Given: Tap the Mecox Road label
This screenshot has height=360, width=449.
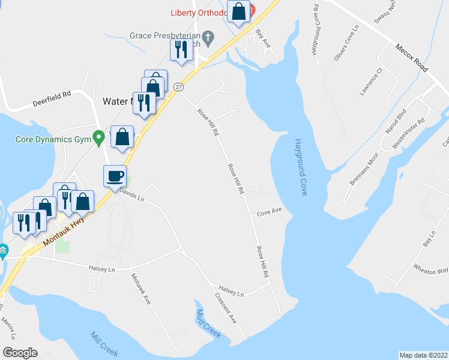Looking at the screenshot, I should coord(411,58).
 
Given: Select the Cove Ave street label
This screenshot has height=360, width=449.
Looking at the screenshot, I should coord(270,212).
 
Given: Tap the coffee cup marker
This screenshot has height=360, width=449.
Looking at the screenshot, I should coord(115,176).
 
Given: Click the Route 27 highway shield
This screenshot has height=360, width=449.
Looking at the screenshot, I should coord(179,87).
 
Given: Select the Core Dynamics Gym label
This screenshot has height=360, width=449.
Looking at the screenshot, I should coord(53,140).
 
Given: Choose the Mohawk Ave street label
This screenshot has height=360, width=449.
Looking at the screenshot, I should coord(141,289).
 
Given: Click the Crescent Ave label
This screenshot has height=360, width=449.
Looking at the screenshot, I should coord(226,308).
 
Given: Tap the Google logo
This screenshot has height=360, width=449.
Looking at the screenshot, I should coord(20,353).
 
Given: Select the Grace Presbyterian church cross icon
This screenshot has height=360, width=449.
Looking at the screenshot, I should coord(208,37).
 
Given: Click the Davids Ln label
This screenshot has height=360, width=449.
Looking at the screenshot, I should coord(132,193).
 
